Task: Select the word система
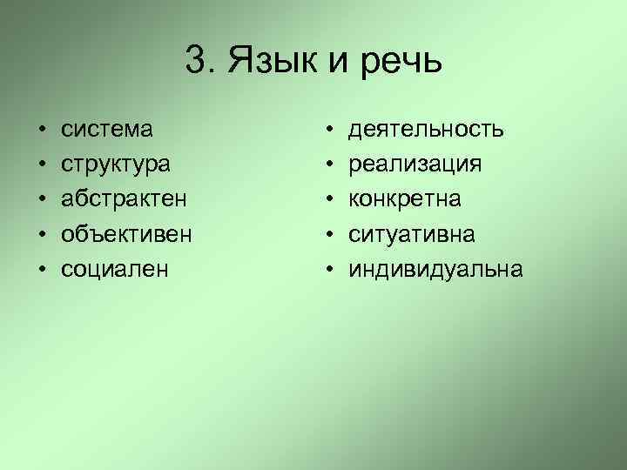click(107, 130)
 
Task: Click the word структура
click(116, 164)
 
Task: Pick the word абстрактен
click(123, 199)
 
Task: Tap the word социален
click(113, 269)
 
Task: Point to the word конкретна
click(406, 199)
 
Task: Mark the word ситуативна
click(413, 234)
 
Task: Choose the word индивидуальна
click(436, 269)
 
